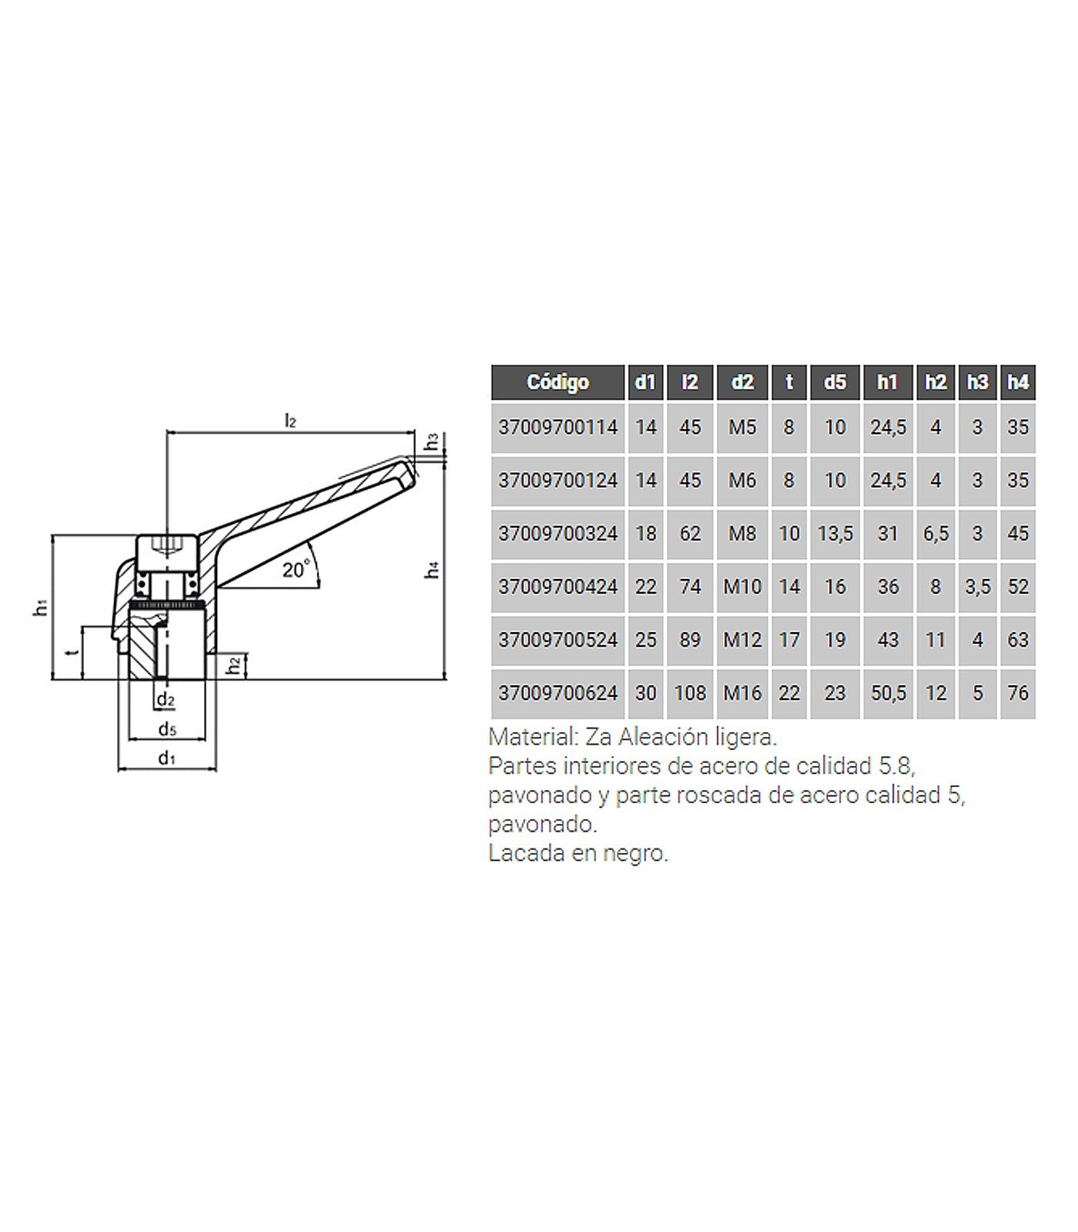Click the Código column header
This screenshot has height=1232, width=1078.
pyautogui.click(x=557, y=382)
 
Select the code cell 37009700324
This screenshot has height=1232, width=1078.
pyautogui.click(x=557, y=533)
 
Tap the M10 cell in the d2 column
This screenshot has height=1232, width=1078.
pyautogui.click(x=742, y=587)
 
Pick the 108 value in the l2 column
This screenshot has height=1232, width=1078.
pyautogui.click(x=690, y=693)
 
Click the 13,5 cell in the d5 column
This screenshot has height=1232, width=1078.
pyautogui.click(x=835, y=533)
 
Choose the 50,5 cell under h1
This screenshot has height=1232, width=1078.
pyautogui.click(x=888, y=693)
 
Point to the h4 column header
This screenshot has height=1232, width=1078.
pyautogui.click(x=1018, y=382)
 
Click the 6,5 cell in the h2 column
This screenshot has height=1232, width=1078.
pyautogui.click(x=936, y=533)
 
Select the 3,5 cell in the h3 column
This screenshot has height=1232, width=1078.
pyautogui.click(x=977, y=587)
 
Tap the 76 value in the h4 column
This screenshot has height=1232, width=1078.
pyautogui.click(x=1018, y=693)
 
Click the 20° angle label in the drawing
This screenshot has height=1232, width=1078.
pyautogui.click(x=296, y=570)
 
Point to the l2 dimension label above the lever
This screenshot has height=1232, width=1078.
pyautogui.click(x=290, y=420)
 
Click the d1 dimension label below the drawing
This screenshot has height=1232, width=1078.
pyautogui.click(x=166, y=758)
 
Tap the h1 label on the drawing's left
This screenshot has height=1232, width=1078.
pyautogui.click(x=41, y=608)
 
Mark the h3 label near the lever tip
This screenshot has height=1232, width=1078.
pyautogui.click(x=433, y=441)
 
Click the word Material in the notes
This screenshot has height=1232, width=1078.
pyautogui.click(x=532, y=737)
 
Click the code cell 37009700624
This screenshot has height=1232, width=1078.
pyautogui.click(x=557, y=693)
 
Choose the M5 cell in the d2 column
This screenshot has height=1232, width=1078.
pyautogui.click(x=742, y=427)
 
